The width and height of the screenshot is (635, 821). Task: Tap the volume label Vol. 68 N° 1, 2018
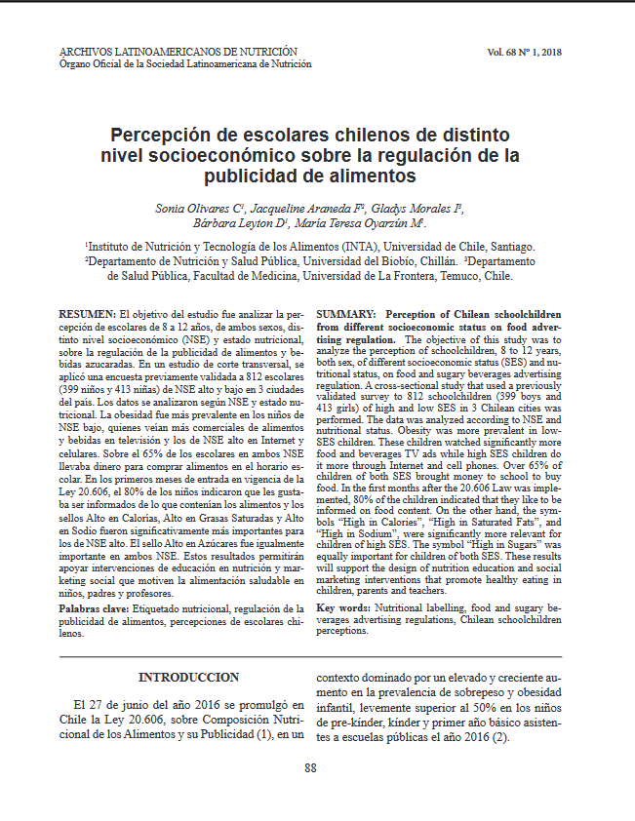(532, 52)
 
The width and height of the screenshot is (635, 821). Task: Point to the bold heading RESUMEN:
(87, 315)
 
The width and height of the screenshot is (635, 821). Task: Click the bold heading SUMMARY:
(348, 315)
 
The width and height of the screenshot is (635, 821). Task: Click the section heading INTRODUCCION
(188, 677)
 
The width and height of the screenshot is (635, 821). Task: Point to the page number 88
(310, 767)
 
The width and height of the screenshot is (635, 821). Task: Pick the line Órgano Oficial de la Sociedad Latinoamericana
(185, 63)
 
